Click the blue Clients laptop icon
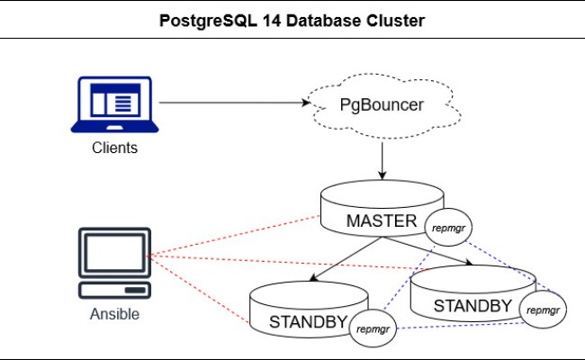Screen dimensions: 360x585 113,104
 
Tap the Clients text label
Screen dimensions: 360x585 114,148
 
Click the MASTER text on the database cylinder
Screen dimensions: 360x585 382,220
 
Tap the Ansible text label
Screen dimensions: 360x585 114,315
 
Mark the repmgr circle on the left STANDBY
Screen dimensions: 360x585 373,329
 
